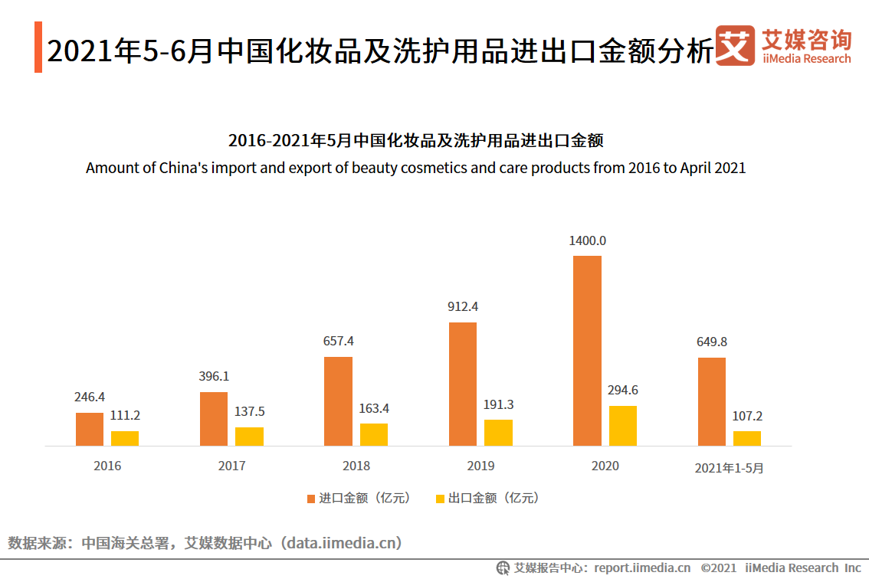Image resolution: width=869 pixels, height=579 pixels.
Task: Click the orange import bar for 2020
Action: coord(587,350)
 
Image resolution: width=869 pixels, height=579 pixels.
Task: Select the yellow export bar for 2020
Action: coord(622,425)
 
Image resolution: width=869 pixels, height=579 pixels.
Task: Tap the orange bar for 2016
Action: coord(89,429)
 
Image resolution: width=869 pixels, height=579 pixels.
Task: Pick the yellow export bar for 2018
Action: coord(374,434)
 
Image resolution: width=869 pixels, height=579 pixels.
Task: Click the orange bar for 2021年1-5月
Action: coord(711,401)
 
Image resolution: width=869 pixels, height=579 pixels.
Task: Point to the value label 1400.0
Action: coord(587,240)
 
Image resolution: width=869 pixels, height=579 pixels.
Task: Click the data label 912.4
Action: coord(463,306)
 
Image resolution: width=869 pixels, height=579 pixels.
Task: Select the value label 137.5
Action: coord(249,412)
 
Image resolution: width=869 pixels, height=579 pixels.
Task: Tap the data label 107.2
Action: coord(747,416)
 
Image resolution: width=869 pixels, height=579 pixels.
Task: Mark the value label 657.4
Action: coord(338,341)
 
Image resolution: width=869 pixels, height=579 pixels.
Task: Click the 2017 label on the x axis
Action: coord(231,466)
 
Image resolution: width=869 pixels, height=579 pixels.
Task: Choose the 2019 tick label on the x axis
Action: coord(480,466)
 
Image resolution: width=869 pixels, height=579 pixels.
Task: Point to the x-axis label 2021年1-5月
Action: coord(729,468)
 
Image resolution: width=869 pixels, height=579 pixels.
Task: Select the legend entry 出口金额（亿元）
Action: coord(487,498)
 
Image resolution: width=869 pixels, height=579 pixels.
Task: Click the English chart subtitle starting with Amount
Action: coord(415,168)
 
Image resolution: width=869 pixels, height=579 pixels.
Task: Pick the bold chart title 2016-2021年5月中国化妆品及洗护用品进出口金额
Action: coord(415,141)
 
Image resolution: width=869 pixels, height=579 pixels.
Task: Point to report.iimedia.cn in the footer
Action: coord(641,568)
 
